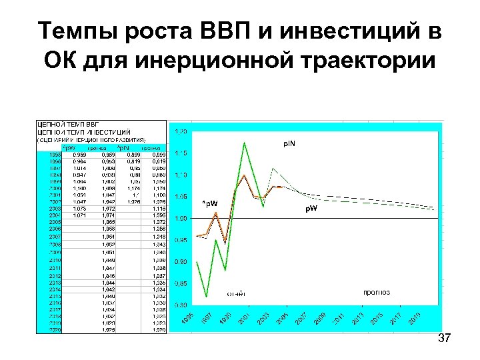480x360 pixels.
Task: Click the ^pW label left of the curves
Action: click(x=209, y=203)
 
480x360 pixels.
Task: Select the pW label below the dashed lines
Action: click(x=311, y=209)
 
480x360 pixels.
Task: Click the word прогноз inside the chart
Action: click(x=377, y=292)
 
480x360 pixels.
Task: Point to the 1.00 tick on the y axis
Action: click(x=180, y=219)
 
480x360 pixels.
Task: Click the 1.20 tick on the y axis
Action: click(x=180, y=132)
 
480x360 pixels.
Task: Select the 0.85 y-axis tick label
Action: click(x=180, y=283)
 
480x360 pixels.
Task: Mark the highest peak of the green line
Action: click(x=245, y=143)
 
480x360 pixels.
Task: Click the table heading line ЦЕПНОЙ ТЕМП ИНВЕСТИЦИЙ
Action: click(x=84, y=132)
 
